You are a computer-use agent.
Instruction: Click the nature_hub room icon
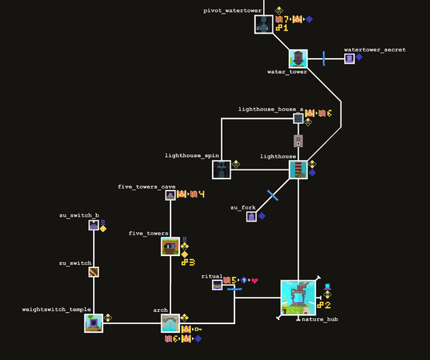click(298, 298)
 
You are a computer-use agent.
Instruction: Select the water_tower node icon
click(298, 59)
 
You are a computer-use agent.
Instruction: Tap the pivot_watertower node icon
click(264, 24)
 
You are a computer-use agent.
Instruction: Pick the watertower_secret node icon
click(349, 59)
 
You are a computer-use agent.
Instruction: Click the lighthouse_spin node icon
click(221, 169)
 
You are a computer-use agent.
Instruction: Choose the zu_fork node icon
click(252, 216)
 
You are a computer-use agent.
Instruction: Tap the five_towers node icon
click(170, 247)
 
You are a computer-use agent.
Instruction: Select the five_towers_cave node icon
click(171, 195)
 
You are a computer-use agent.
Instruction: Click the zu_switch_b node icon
click(93, 225)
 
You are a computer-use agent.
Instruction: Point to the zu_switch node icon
click(93, 273)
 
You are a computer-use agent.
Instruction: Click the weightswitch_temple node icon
click(93, 323)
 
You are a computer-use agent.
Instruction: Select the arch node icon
click(170, 323)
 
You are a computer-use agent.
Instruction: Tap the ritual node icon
click(216, 285)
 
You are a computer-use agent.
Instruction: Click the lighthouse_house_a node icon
click(298, 118)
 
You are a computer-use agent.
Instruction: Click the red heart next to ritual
click(254, 280)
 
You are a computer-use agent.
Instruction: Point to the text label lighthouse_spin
click(191, 156)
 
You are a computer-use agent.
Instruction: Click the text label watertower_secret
click(374, 50)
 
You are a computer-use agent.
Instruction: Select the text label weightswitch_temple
click(57, 310)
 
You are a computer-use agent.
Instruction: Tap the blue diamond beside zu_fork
click(262, 216)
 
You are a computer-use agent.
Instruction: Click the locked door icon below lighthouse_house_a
click(298, 141)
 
